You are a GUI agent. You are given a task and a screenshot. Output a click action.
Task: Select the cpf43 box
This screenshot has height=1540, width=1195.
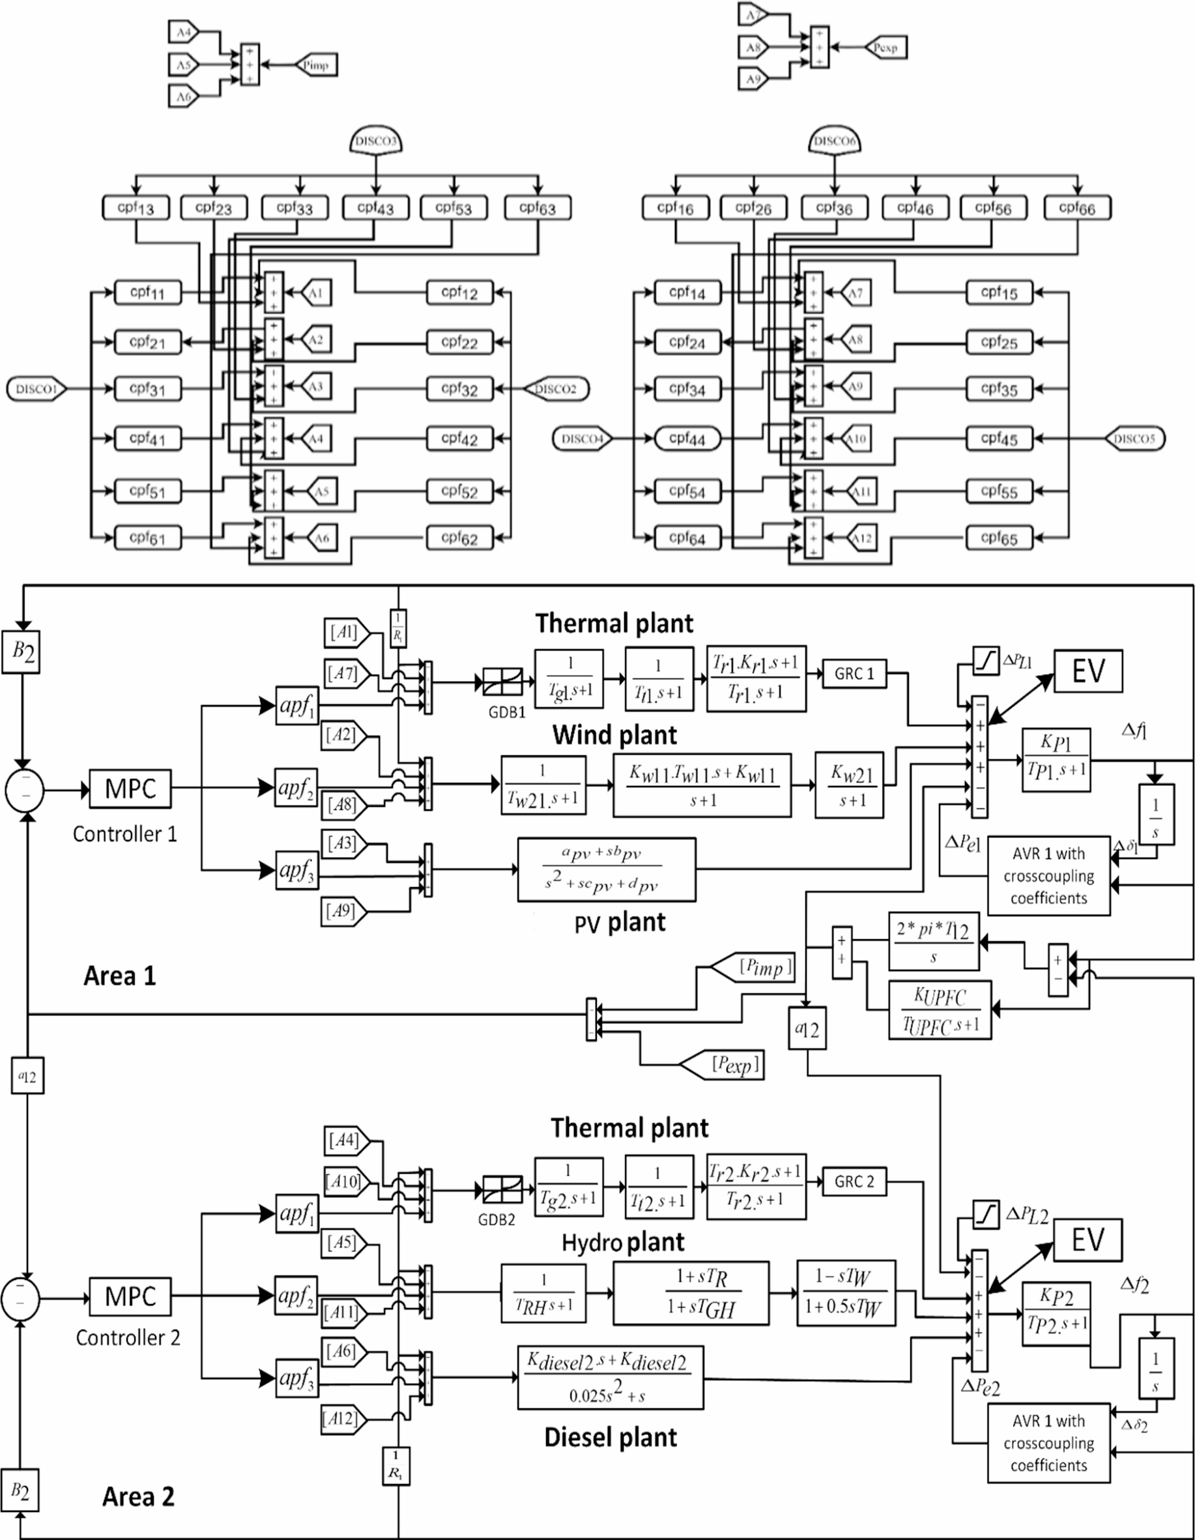coord(376,208)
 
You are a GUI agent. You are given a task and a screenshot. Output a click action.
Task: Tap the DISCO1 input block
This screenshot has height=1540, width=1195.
coord(36,388)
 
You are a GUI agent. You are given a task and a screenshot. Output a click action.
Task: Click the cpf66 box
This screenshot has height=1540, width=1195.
coord(1077,208)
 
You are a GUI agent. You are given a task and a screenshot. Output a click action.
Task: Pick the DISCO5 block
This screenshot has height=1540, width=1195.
coord(1134,439)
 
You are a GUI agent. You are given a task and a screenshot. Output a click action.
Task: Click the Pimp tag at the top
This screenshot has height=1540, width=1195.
coord(315,65)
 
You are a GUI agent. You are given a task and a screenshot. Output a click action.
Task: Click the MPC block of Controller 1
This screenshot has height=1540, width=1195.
coord(130,789)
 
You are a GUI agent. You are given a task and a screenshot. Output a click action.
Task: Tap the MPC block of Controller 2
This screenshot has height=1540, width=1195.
coord(130,1296)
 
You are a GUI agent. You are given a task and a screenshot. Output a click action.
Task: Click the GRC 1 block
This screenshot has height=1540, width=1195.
coord(854,673)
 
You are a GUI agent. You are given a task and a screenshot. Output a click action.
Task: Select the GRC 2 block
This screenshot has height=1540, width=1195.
coord(854,1182)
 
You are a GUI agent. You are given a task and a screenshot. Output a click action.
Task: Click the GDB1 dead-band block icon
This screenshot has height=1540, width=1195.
coord(502,682)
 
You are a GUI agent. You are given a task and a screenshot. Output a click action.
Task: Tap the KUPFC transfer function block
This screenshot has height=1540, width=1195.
coord(940,1010)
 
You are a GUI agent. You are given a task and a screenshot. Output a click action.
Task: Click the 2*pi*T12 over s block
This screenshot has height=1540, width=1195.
coord(934,941)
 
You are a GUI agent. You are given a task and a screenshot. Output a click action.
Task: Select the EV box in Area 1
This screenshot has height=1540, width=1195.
coord(1088,671)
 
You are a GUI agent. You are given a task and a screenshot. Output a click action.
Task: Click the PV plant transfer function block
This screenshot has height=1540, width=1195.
coord(607,869)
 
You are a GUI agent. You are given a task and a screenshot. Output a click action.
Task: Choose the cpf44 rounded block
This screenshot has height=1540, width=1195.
coord(687,439)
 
